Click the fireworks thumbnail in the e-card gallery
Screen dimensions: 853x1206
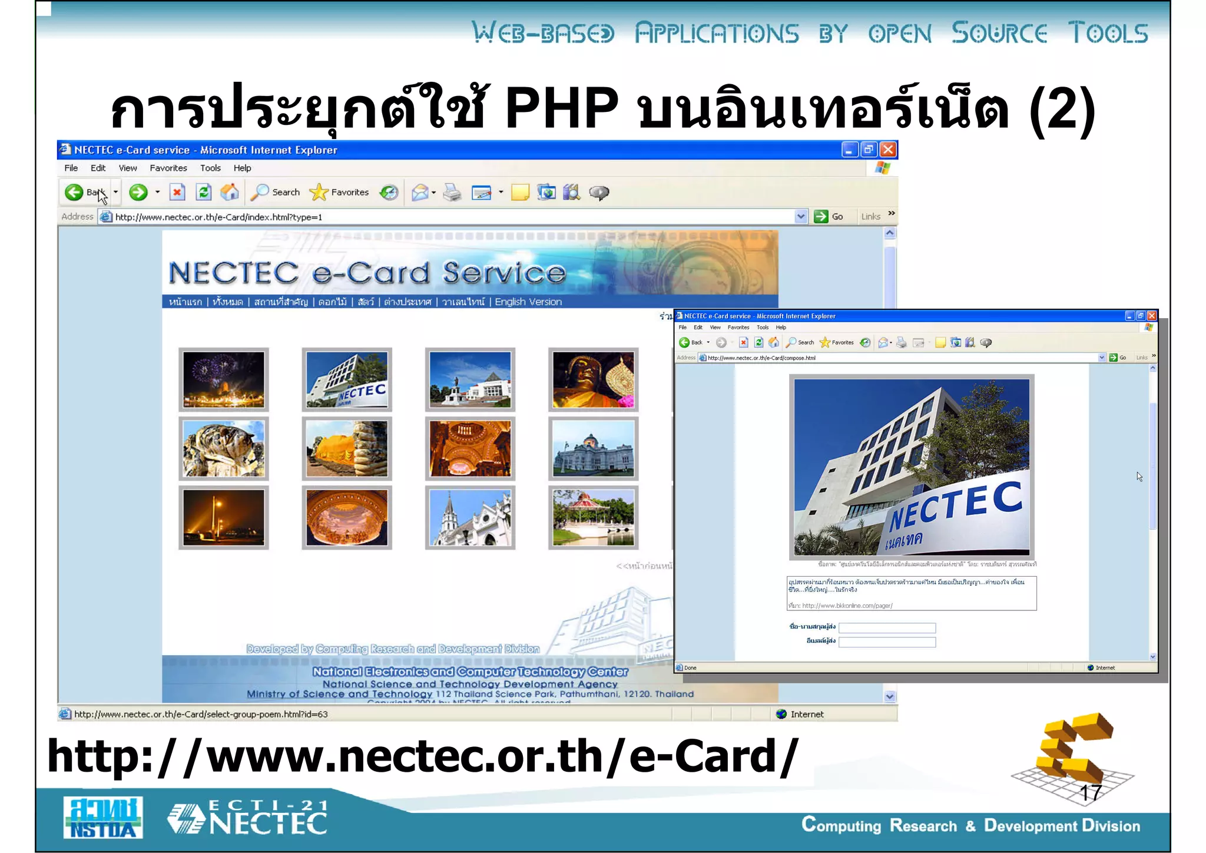click(x=224, y=380)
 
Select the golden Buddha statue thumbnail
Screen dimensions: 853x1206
click(x=593, y=380)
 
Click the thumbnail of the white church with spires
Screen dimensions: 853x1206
click(x=470, y=518)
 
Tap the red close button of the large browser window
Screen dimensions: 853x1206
click(x=888, y=150)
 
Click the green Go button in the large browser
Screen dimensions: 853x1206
click(x=828, y=217)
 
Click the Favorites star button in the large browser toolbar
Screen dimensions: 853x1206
click(x=340, y=192)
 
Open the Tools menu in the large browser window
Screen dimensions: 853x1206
click(x=210, y=168)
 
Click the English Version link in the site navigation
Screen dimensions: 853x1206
click(x=528, y=302)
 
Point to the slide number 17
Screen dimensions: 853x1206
click(x=1090, y=793)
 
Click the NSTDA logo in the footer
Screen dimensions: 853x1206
click(x=104, y=818)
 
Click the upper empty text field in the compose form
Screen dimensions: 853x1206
click(x=886, y=628)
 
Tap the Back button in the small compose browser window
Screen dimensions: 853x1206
click(x=691, y=342)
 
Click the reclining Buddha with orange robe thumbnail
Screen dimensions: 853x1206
click(x=347, y=449)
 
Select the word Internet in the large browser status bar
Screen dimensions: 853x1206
click(x=806, y=714)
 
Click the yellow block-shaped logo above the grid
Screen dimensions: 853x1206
click(x=1072, y=748)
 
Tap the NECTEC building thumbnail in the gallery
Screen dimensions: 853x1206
click(x=347, y=380)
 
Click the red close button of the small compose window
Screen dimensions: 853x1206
click(x=1152, y=316)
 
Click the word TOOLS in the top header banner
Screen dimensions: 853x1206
click(x=1108, y=33)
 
